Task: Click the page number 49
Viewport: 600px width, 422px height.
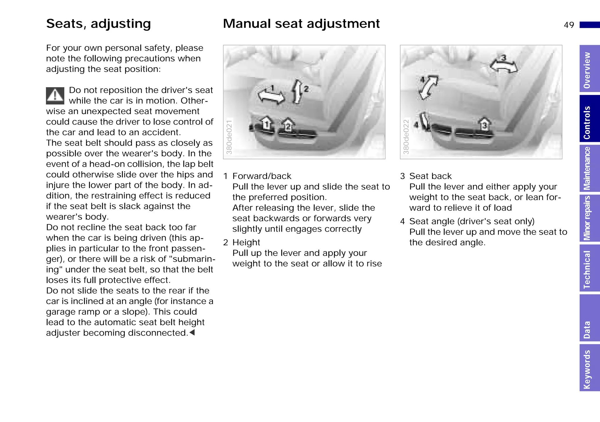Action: click(x=569, y=25)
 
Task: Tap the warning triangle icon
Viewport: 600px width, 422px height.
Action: click(x=55, y=96)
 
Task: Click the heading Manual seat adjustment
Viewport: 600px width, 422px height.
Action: click(x=301, y=24)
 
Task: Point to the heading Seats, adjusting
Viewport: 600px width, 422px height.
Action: click(x=98, y=24)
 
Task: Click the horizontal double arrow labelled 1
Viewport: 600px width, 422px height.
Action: click(x=271, y=96)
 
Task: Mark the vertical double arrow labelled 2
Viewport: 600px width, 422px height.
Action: click(x=298, y=91)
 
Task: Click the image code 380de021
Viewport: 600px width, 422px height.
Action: click(x=229, y=137)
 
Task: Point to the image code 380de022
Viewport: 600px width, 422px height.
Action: click(x=406, y=137)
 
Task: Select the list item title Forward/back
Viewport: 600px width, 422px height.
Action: click(x=262, y=176)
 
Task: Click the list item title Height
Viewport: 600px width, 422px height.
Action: click(x=246, y=242)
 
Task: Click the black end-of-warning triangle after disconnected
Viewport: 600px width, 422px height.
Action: click(x=192, y=333)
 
